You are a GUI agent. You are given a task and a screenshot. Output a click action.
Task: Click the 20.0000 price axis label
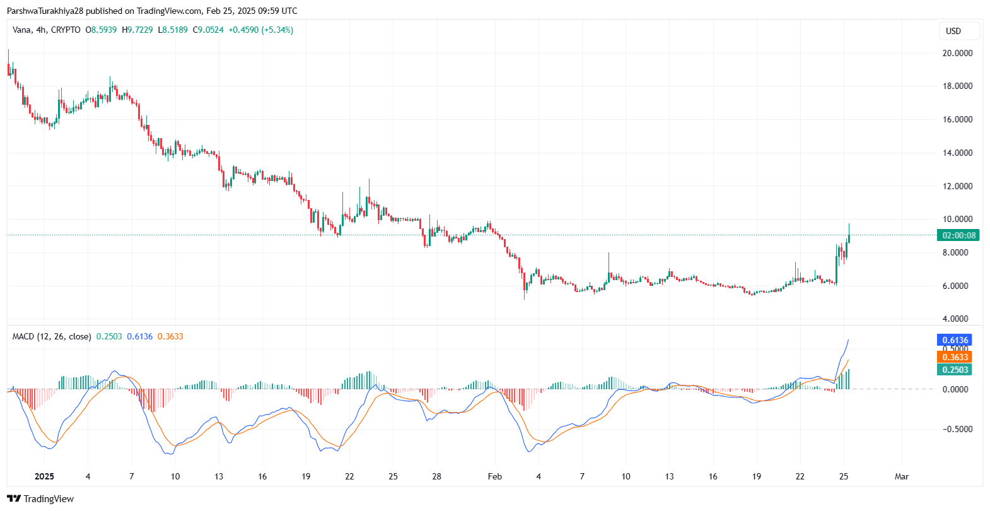pos(957,53)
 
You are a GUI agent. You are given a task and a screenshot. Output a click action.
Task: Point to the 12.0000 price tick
pos(957,186)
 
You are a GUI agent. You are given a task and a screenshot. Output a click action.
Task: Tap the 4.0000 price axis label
pos(957,319)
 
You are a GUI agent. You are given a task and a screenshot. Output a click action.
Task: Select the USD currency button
pos(953,31)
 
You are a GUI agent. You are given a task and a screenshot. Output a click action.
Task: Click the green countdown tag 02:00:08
pos(958,235)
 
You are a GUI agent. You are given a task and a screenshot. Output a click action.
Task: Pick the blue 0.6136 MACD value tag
pos(955,340)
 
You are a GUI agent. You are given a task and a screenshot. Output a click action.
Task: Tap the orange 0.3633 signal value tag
pos(955,357)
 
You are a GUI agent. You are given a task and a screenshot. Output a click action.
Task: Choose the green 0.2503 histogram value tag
pos(955,370)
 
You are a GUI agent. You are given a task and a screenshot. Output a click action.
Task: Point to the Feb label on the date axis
pos(495,476)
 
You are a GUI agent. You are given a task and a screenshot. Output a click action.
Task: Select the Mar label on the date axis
pos(902,476)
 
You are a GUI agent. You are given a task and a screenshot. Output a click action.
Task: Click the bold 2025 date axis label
pos(44,476)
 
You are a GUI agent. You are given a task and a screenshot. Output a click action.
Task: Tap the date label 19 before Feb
pos(306,476)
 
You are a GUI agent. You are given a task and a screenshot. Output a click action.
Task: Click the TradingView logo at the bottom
pos(40,499)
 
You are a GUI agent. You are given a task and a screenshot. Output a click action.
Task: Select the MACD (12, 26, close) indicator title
pos(52,336)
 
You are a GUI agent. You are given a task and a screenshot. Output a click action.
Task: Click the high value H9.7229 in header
pos(137,30)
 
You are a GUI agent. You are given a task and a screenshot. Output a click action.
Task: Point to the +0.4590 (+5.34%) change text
pos(260,30)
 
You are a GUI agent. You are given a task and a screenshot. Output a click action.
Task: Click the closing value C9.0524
pos(208,30)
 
